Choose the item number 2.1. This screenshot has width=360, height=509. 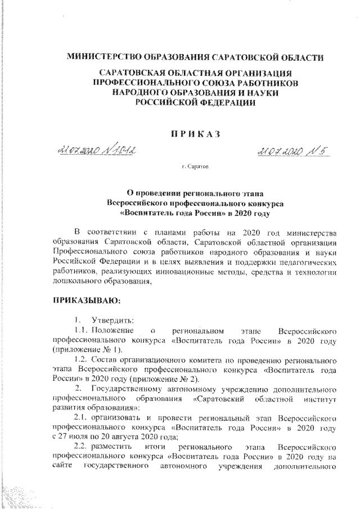tap(81, 419)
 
